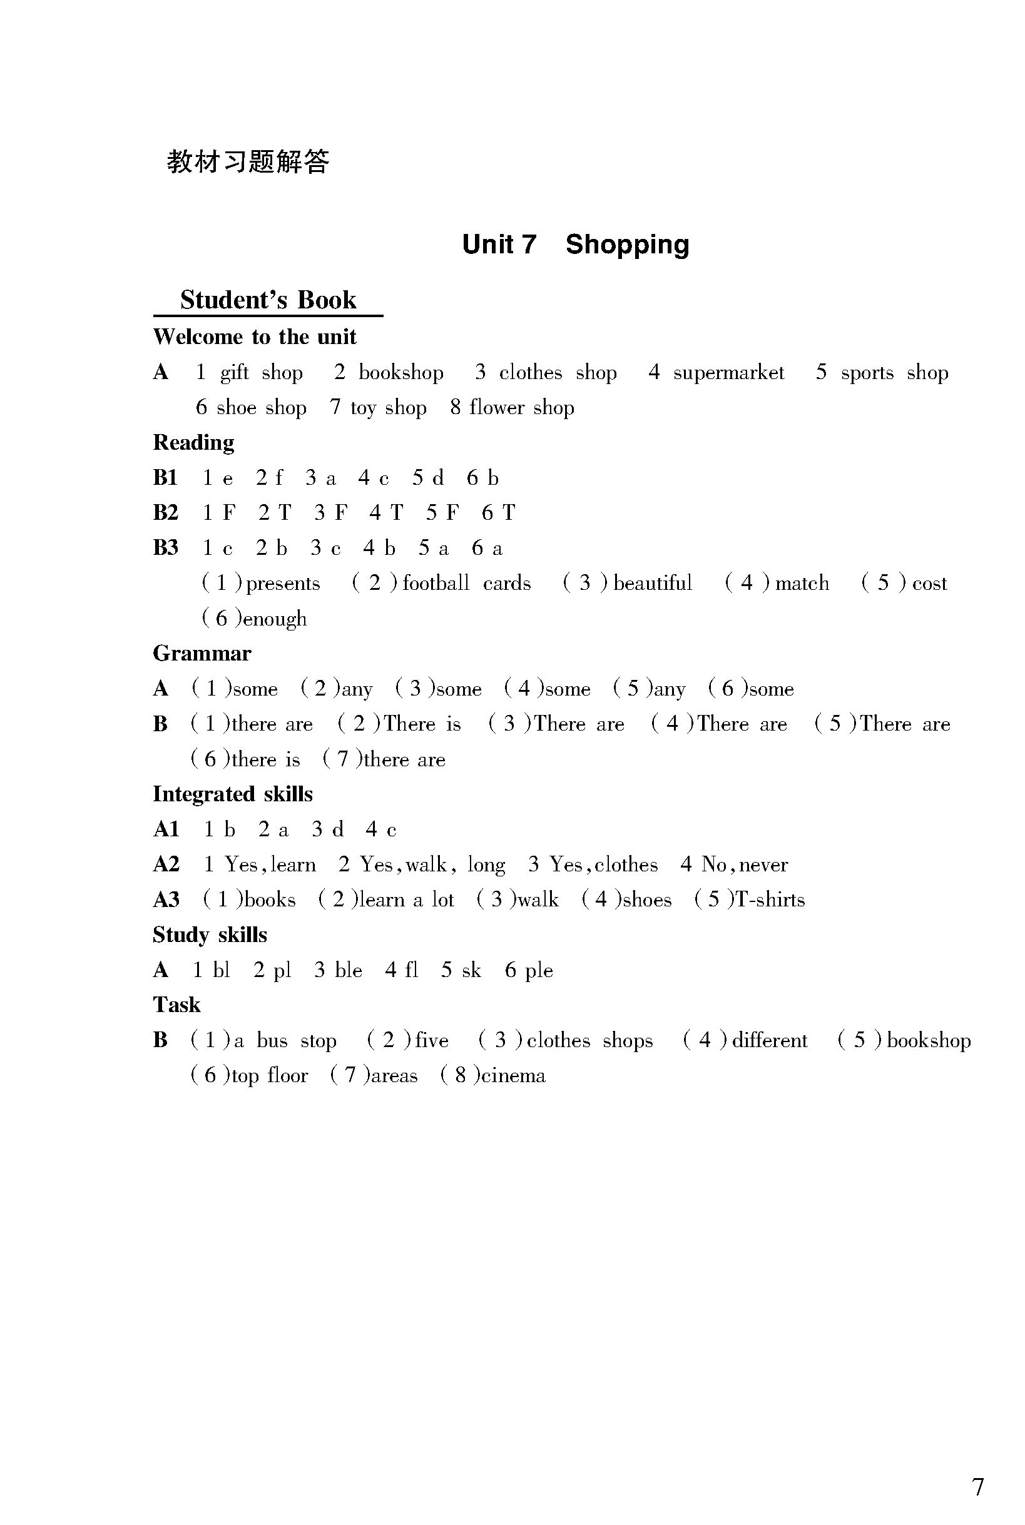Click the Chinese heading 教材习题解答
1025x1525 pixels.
(248, 161)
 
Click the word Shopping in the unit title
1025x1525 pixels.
(627, 245)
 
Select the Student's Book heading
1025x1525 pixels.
(268, 300)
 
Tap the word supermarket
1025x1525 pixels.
(728, 372)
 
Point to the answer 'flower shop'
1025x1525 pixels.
(522, 408)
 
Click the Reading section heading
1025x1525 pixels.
(193, 442)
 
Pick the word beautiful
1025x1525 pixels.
(652, 583)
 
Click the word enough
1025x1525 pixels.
(275, 619)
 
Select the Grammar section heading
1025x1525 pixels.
(202, 654)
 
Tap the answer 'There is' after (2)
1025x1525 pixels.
(422, 724)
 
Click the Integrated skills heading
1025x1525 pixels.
(233, 794)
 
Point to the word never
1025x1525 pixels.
(763, 865)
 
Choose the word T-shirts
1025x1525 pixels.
(770, 899)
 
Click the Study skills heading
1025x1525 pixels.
(210, 935)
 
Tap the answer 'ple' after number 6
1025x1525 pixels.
(539, 971)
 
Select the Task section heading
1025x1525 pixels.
(176, 1005)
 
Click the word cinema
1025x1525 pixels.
(513, 1075)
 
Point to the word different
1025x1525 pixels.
(770, 1040)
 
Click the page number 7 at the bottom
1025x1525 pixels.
(978, 1469)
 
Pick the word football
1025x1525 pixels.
(436, 583)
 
